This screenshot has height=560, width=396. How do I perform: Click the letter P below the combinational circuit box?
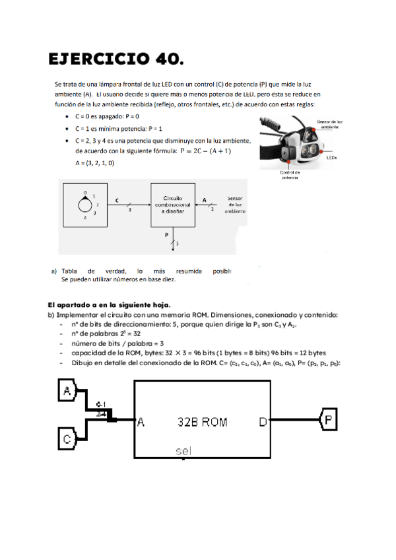click(x=167, y=234)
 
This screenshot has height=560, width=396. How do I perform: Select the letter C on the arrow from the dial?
click(x=117, y=199)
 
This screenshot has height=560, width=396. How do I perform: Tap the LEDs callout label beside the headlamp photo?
click(x=331, y=158)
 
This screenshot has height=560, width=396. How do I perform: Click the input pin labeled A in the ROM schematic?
click(x=67, y=392)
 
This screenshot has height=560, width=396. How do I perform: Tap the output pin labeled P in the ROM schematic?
click(x=329, y=419)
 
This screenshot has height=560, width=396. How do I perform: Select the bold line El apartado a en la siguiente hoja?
click(x=108, y=306)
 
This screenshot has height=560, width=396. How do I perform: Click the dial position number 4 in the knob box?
click(x=84, y=217)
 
